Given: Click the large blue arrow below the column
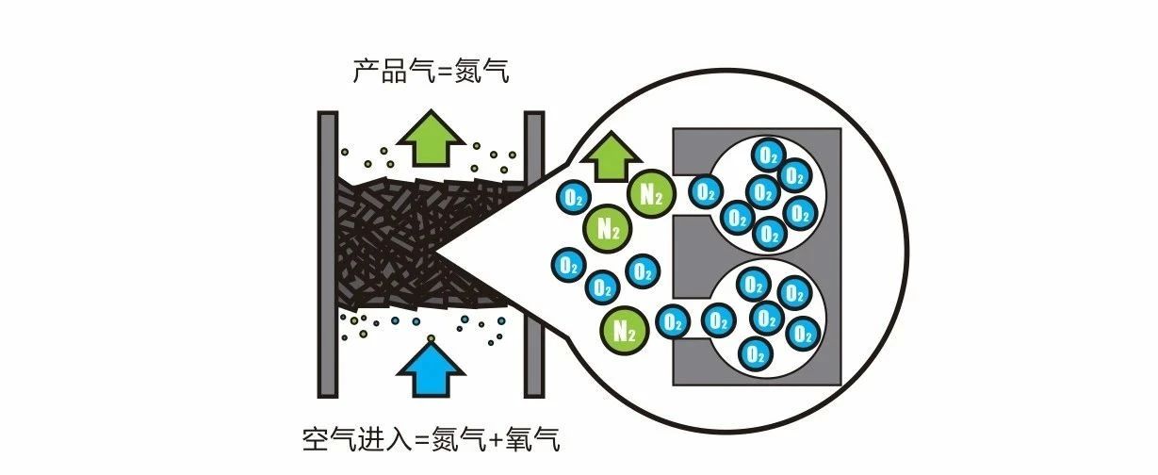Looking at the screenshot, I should point(431,370).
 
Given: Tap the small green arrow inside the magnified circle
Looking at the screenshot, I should point(616,156).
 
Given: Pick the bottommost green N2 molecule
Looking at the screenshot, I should point(622,330).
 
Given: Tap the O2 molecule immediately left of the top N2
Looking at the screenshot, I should point(571,197).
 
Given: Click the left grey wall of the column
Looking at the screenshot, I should point(327,254).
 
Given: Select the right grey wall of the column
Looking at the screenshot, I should point(534,254).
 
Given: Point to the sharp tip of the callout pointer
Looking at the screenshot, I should point(434,251).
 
